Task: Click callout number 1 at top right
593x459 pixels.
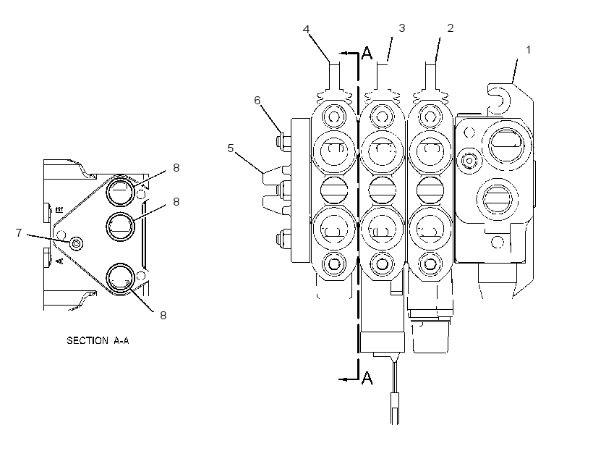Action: coord(529,50)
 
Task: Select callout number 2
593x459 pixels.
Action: coord(450,28)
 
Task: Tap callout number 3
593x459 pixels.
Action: coord(401,28)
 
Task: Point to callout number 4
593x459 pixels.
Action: coord(307,29)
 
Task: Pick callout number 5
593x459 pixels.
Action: coord(231,148)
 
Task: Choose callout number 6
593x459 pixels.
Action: coord(257,101)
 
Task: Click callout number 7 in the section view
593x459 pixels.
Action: coord(19,232)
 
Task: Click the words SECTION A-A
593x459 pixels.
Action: coord(98,340)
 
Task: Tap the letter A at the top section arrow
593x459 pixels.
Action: coord(367,54)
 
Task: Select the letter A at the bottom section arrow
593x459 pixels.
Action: coord(367,378)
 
